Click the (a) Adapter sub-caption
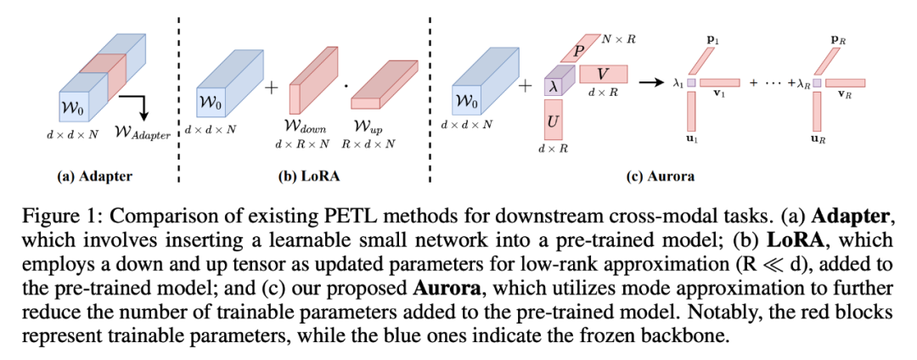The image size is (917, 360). (x=96, y=177)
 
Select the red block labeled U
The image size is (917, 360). (x=553, y=121)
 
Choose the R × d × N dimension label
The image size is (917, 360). (x=367, y=144)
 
